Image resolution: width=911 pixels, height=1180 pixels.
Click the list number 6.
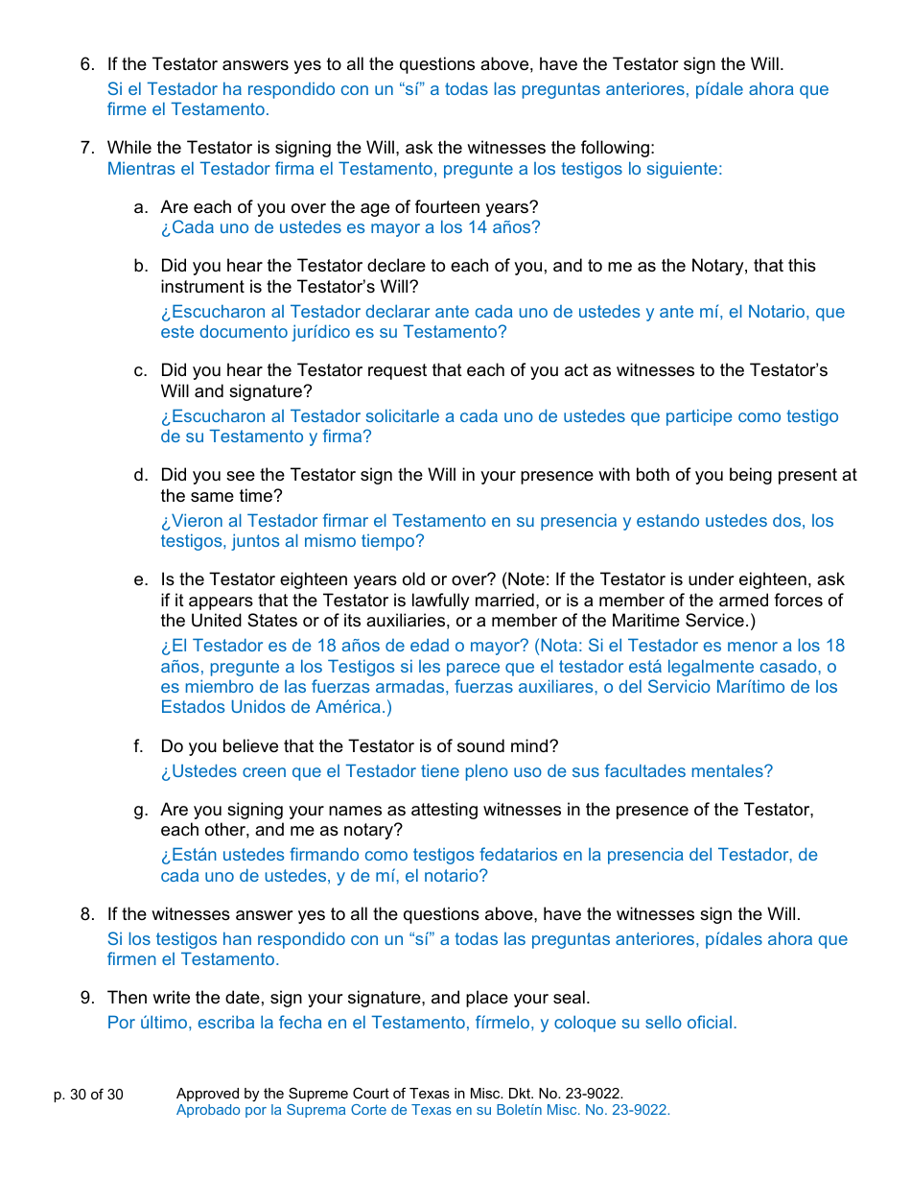tap(87, 65)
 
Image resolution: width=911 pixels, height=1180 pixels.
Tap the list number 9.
tap(87, 999)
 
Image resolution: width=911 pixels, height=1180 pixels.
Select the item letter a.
tap(141, 207)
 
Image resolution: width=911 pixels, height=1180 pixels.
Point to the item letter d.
tap(141, 475)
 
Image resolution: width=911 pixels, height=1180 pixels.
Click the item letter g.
tap(141, 810)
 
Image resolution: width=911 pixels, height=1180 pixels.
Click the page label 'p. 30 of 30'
tap(88, 1095)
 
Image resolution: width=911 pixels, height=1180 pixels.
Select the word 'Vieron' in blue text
tap(199, 521)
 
